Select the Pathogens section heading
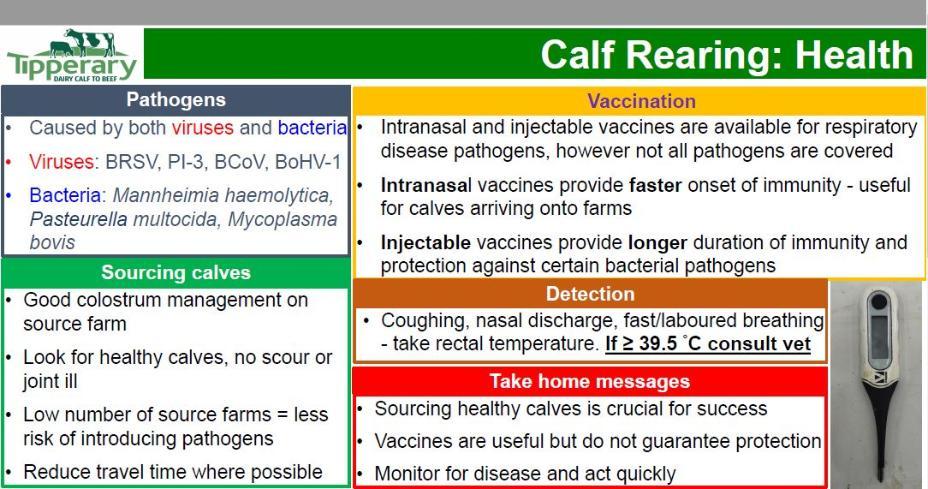pos(176,99)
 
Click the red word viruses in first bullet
pos(202,127)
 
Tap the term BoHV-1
pos(308,162)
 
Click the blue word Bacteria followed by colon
pos(67,195)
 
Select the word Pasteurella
pos(78,219)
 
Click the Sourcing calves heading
pos(176,272)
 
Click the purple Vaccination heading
pos(642,101)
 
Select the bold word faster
pos(655,185)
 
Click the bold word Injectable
pos(426,243)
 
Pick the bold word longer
pos(658,243)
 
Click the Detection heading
pos(590,294)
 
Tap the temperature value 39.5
pos(658,344)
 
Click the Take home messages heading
pos(589,381)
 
